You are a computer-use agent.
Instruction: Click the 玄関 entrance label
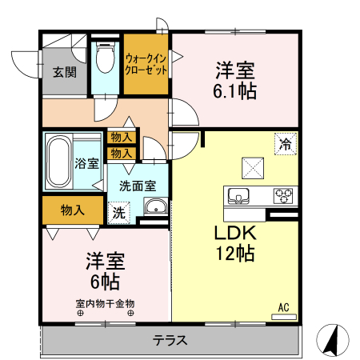tap(65, 71)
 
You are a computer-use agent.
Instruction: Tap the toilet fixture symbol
tap(104, 57)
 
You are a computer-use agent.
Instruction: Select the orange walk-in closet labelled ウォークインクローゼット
tap(146, 64)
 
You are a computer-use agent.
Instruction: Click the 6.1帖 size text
tap(234, 90)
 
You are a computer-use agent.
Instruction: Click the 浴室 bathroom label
tap(87, 164)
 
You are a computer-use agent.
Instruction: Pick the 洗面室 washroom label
tap(138, 186)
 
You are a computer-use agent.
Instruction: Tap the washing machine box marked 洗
tap(118, 213)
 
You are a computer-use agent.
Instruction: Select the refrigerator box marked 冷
tap(285, 145)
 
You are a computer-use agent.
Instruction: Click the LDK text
tap(234, 234)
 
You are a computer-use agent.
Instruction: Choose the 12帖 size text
tap(234, 254)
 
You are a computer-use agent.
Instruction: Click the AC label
tap(283, 306)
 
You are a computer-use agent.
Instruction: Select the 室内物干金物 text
tap(106, 303)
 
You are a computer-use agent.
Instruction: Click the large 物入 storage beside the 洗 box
tap(73, 210)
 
